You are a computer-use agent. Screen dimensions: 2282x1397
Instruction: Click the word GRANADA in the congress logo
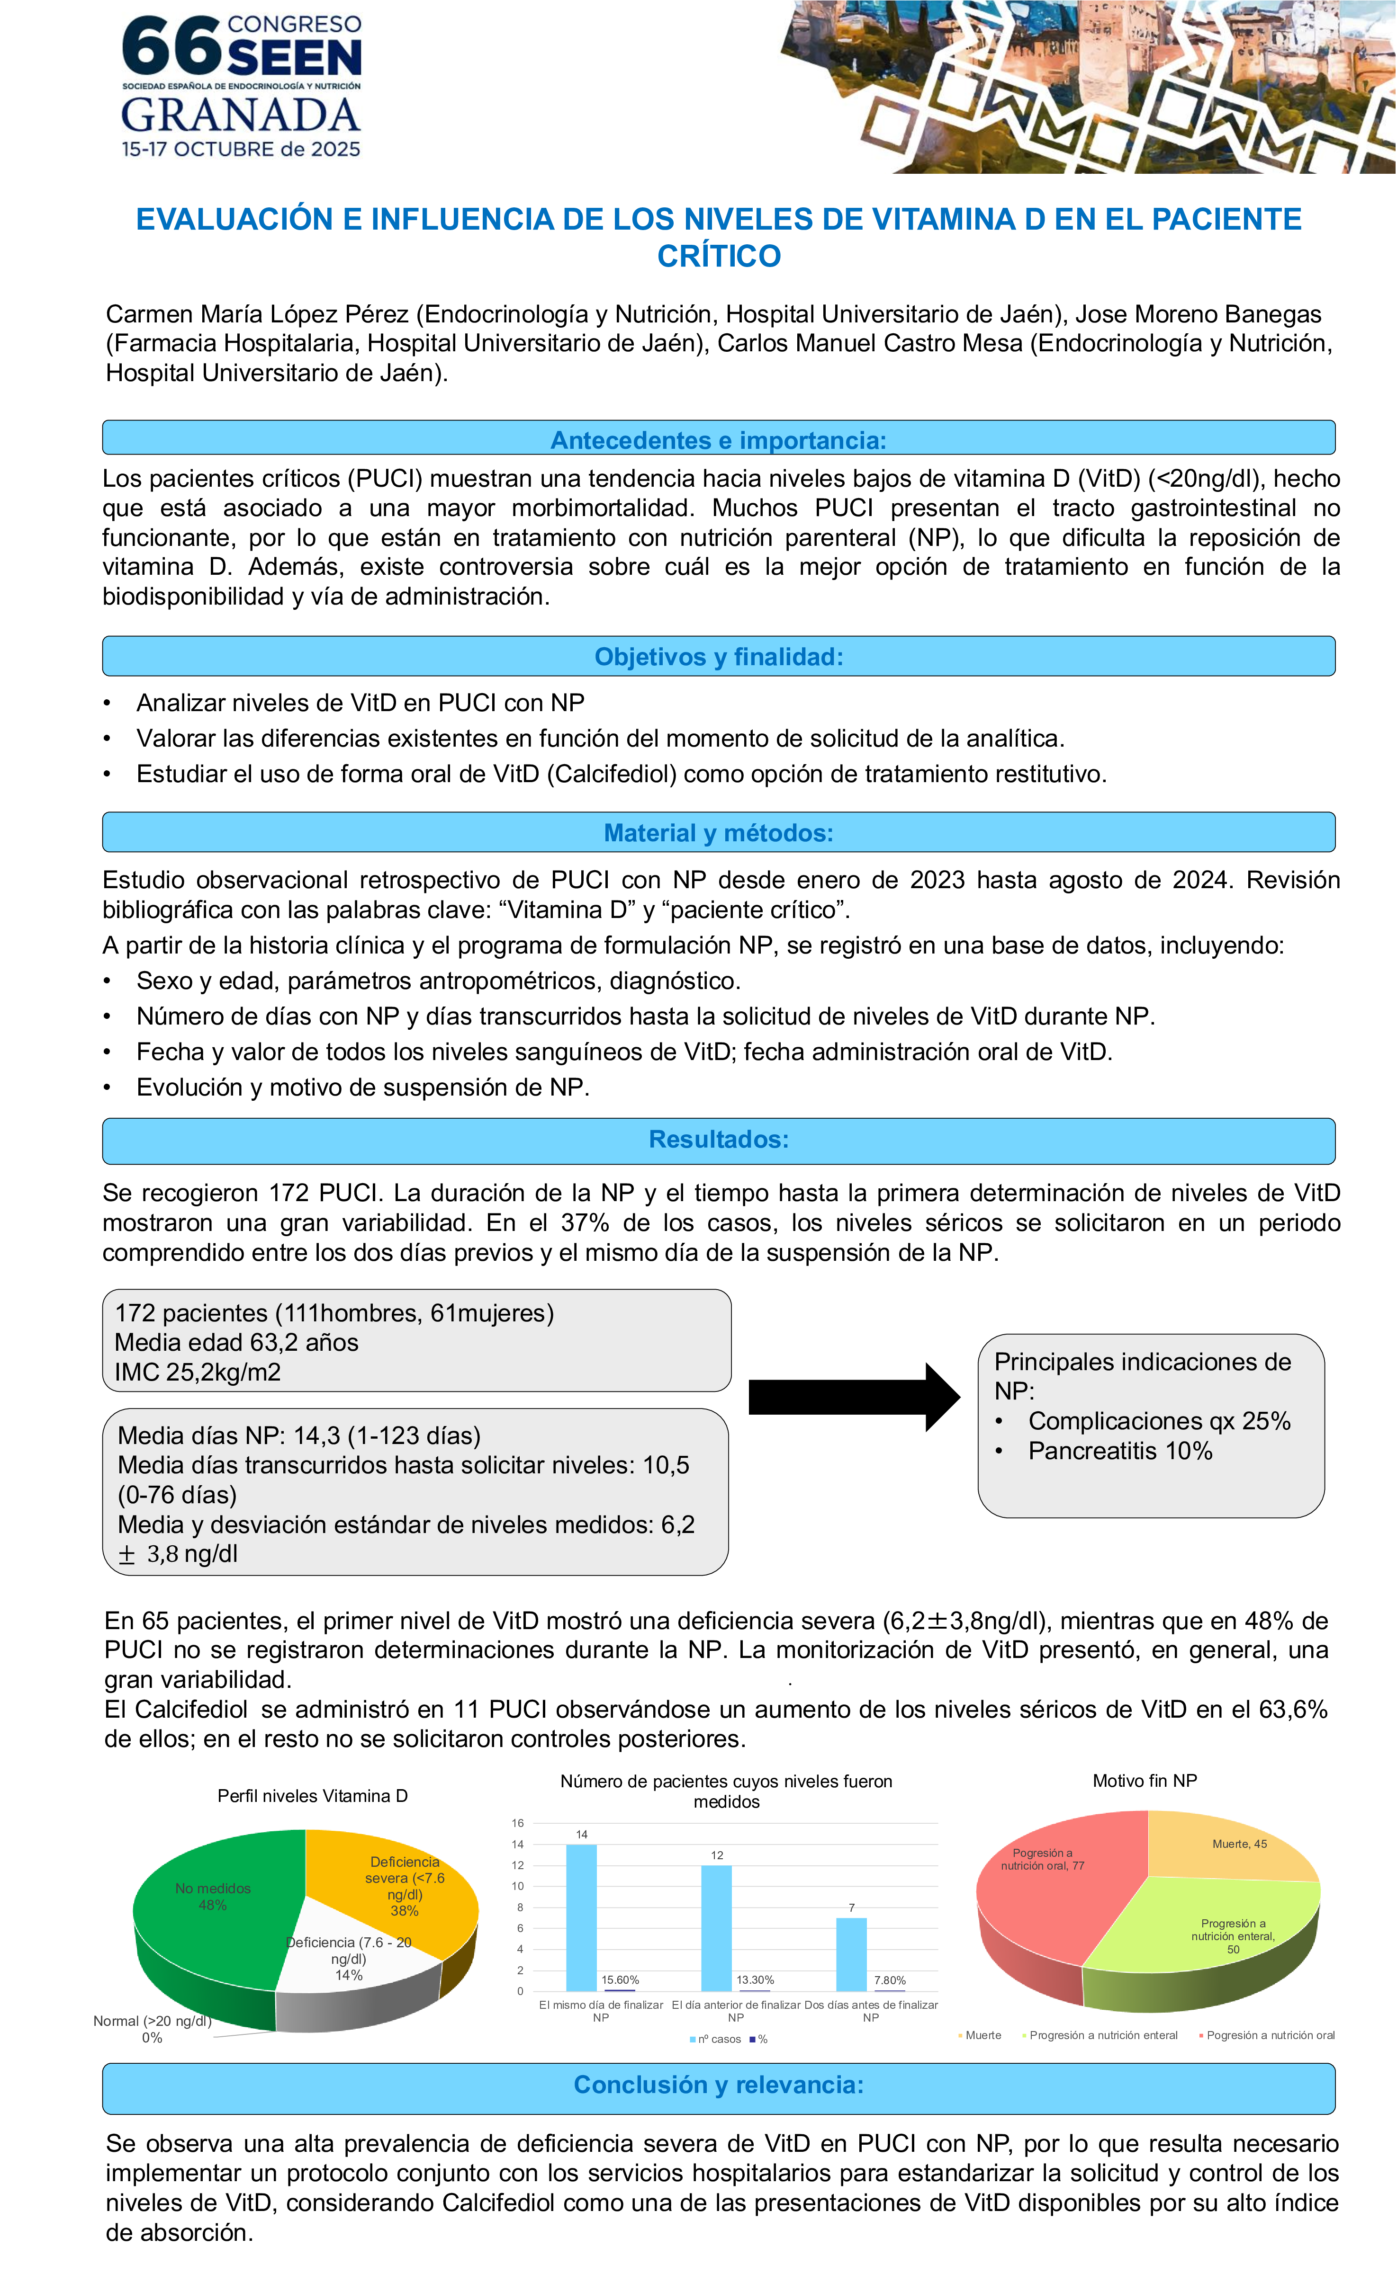(241, 116)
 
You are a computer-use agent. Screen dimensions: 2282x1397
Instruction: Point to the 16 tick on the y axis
(518, 1823)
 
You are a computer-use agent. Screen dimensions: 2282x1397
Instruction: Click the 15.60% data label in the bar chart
(620, 1980)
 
